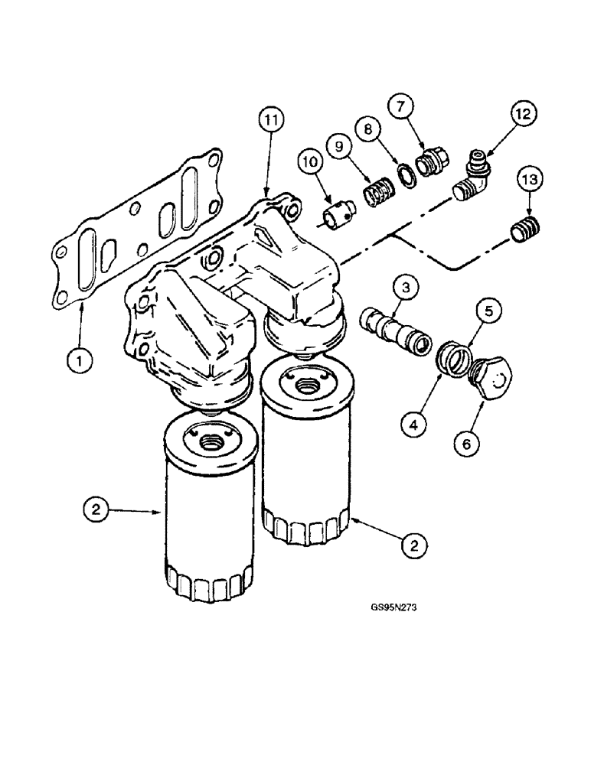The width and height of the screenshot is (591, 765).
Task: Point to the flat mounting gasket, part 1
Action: [138, 237]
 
